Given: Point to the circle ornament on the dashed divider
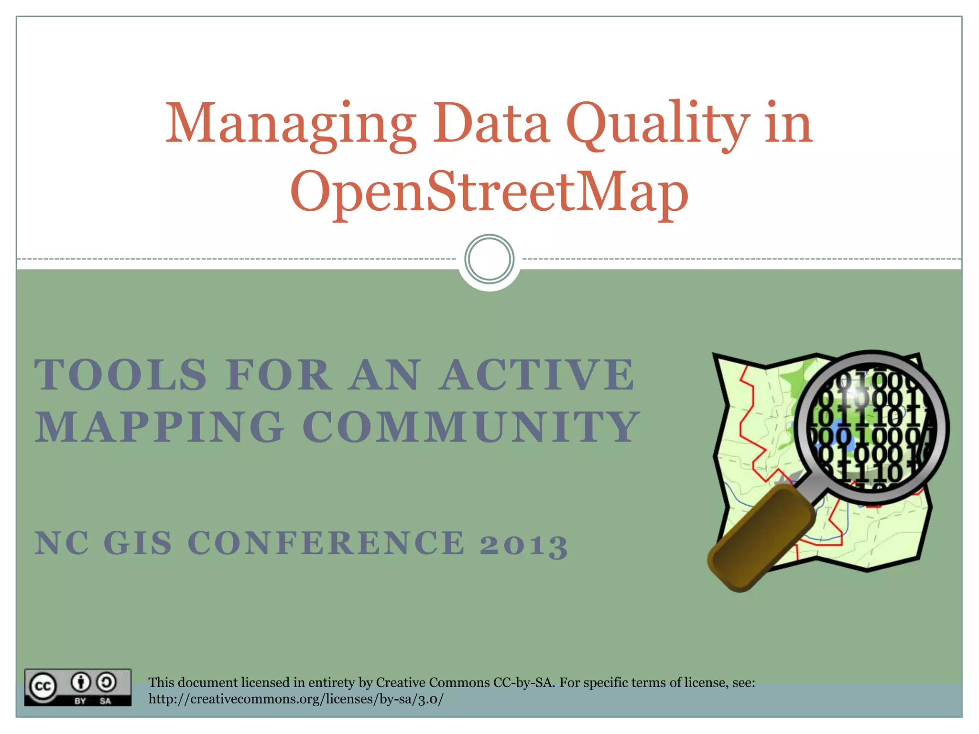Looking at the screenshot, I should pyautogui.click(x=489, y=259).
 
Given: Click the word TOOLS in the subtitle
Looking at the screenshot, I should pyautogui.click(x=121, y=375).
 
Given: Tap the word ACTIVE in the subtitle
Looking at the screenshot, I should pyautogui.click(x=538, y=375).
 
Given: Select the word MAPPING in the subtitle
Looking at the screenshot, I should pyautogui.click(x=160, y=427).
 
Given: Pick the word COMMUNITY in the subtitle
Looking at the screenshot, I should pyautogui.click(x=471, y=427).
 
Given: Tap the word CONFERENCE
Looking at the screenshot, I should pyautogui.click(x=326, y=543).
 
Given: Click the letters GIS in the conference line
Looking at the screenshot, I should pyautogui.click(x=138, y=543).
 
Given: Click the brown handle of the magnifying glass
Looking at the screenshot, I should pyautogui.click(x=760, y=538).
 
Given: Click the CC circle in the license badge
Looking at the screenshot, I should pyautogui.click(x=43, y=687).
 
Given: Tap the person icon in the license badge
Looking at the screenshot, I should pyautogui.click(x=81, y=682).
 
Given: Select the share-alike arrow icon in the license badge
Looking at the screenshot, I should pyautogui.click(x=106, y=682).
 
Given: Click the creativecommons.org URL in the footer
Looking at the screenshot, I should pyautogui.click(x=296, y=699).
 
